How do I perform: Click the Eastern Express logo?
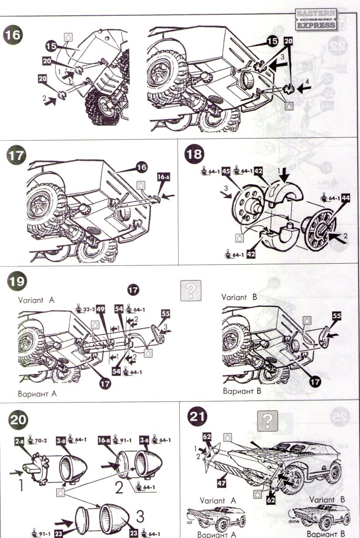click(315, 20)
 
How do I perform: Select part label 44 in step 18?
click(345, 199)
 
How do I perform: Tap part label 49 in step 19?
click(100, 309)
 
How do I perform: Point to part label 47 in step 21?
click(223, 479)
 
